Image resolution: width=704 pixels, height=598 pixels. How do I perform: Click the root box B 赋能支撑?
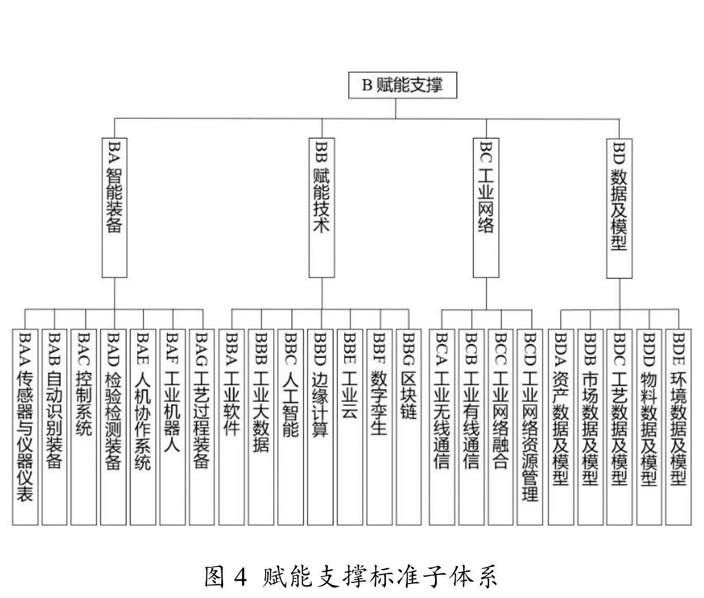[402, 85]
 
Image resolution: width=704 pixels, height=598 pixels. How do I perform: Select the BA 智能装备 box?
[115, 208]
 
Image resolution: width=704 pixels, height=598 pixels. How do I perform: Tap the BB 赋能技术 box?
[321, 208]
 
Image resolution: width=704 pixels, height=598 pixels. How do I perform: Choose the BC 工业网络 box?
[486, 208]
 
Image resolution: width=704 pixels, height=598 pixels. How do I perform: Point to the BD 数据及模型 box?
[619, 208]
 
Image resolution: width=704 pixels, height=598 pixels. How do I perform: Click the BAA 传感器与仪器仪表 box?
[25, 427]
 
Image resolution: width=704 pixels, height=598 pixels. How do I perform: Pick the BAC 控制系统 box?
[84, 427]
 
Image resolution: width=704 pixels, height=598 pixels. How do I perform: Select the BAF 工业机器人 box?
[172, 427]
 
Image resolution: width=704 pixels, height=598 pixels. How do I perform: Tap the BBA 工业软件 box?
[232, 427]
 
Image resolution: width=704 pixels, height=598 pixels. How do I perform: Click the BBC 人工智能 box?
[290, 427]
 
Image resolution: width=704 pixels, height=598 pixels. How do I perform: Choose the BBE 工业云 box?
[350, 427]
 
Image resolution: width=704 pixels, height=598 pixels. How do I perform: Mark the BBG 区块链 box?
[409, 427]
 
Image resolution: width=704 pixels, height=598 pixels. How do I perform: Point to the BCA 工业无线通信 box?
[442, 427]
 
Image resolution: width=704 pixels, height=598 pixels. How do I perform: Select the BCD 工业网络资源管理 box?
[530, 427]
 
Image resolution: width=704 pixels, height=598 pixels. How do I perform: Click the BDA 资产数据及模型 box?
[561, 427]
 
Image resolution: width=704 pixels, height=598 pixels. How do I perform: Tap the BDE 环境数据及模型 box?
[678, 427]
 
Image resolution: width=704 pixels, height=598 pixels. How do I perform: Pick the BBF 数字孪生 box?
[379, 427]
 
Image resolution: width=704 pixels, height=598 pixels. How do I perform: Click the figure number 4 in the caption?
[241, 577]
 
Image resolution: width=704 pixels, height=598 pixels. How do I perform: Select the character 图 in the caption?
[214, 577]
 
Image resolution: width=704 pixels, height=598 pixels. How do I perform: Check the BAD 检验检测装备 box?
[113, 427]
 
